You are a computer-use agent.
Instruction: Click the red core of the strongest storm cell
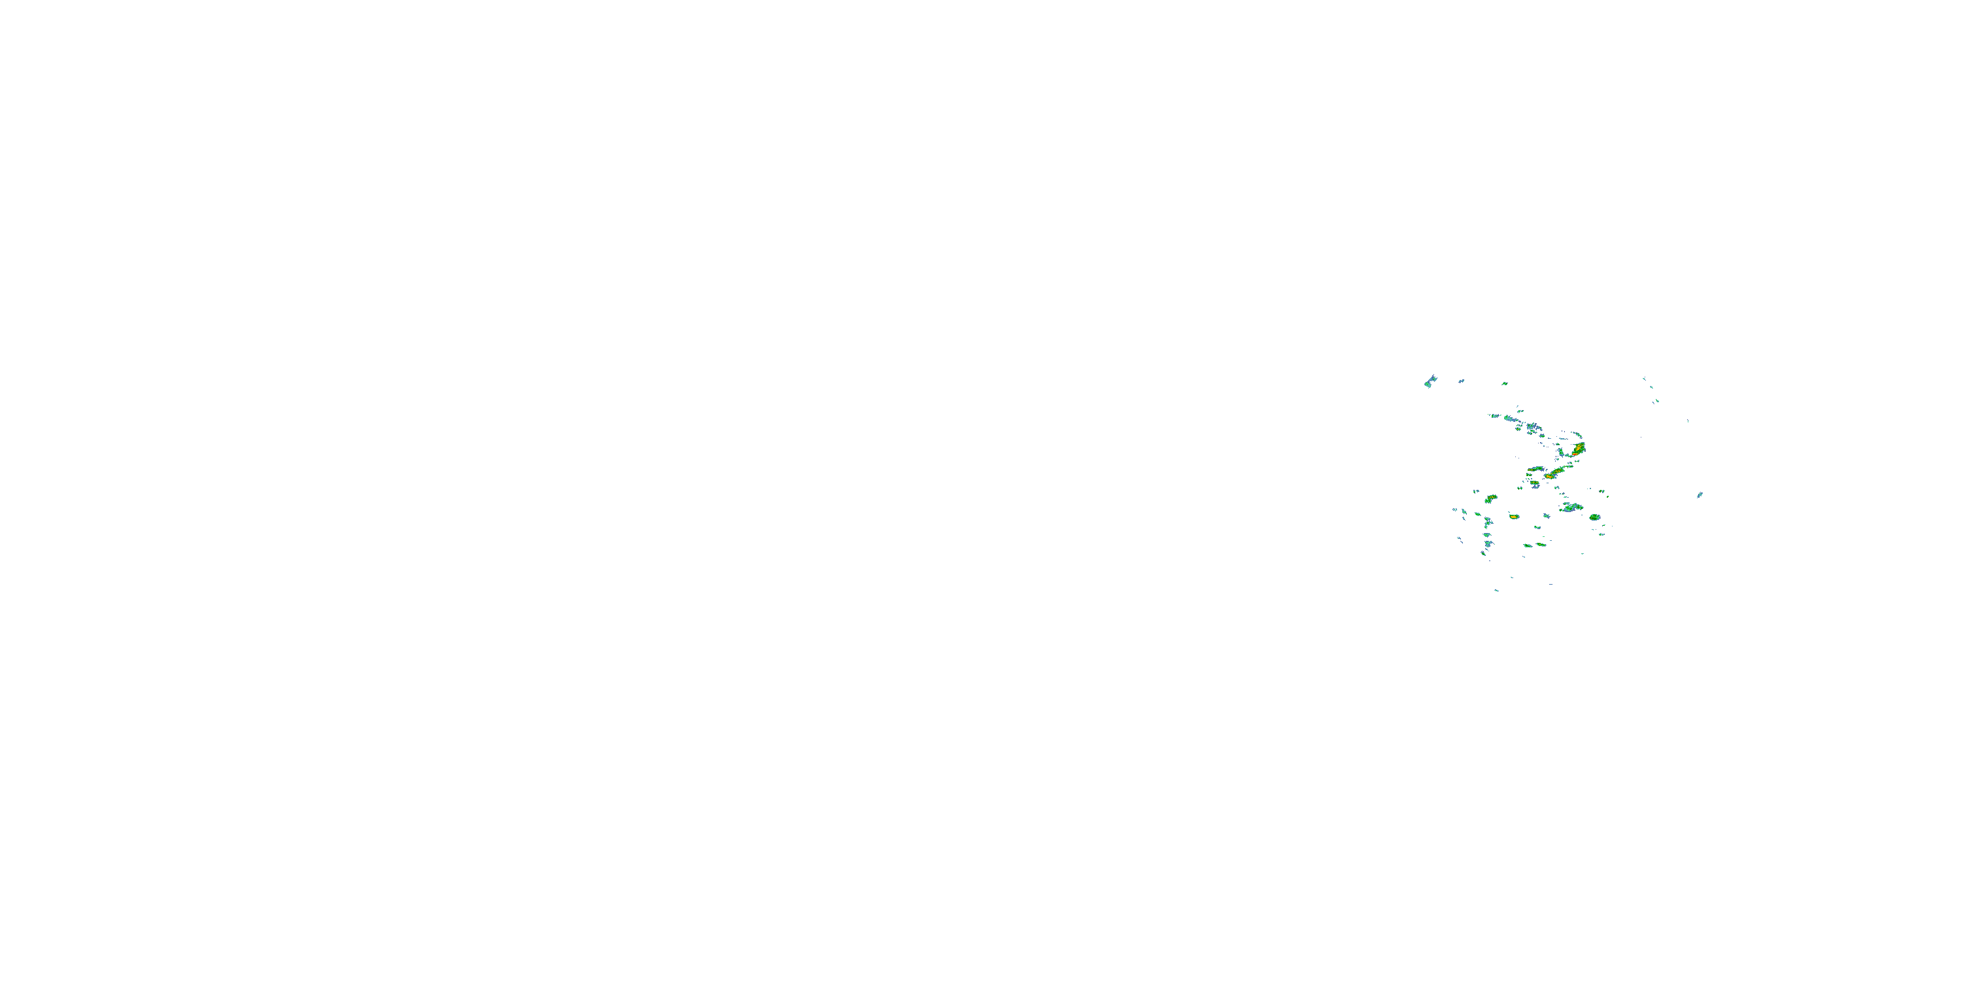point(1578,448)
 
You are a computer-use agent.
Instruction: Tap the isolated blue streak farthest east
point(1699,495)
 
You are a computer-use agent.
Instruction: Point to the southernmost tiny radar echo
point(1496,591)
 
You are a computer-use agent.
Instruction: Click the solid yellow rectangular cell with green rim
point(1513,517)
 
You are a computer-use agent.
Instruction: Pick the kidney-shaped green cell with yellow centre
point(1490,499)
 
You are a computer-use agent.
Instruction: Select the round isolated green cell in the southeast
point(1594,517)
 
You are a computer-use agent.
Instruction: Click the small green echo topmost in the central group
point(1504,383)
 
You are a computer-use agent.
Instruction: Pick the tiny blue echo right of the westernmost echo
point(1461,381)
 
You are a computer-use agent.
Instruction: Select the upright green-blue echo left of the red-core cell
point(1560,453)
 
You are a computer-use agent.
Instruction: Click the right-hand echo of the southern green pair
point(1541,545)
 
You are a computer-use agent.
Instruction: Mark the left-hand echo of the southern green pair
point(1526,545)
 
